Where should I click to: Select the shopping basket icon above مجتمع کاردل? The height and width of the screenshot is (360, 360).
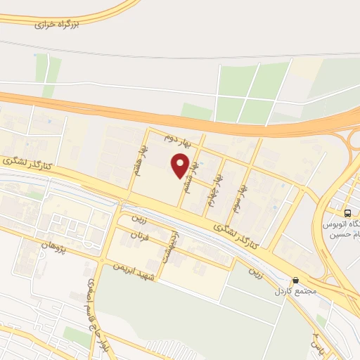coord(296,280)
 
